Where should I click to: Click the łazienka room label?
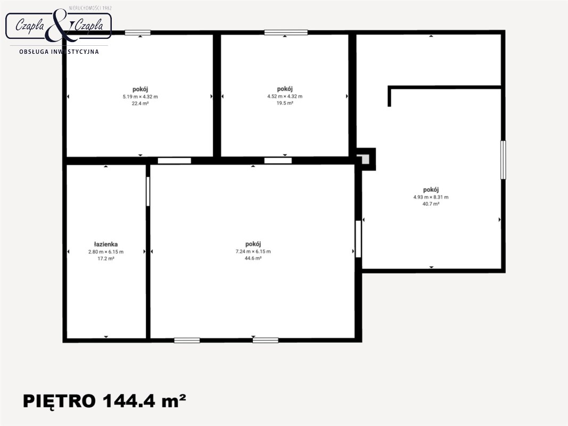click(x=106, y=244)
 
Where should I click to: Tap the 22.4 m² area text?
click(x=140, y=103)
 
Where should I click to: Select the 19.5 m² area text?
click(x=285, y=103)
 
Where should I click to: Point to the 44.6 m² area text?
click(x=253, y=258)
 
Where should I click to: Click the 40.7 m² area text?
click(x=431, y=204)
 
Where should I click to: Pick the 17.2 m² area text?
click(x=106, y=259)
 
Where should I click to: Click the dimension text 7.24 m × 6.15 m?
click(x=253, y=251)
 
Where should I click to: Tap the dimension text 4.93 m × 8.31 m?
click(x=431, y=197)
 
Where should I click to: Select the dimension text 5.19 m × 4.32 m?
click(x=140, y=97)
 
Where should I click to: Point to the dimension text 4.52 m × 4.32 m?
click(x=285, y=96)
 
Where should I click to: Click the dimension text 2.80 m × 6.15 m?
click(x=106, y=252)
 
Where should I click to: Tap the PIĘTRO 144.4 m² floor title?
click(x=105, y=401)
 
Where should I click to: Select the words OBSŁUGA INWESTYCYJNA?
click(x=59, y=52)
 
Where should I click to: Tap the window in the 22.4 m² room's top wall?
click(x=138, y=32)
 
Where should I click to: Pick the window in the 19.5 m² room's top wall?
click(x=286, y=32)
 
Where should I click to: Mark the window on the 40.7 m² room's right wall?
click(x=503, y=160)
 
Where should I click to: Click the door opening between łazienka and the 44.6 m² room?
click(x=148, y=191)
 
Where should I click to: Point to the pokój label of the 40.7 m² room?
click(x=431, y=190)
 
